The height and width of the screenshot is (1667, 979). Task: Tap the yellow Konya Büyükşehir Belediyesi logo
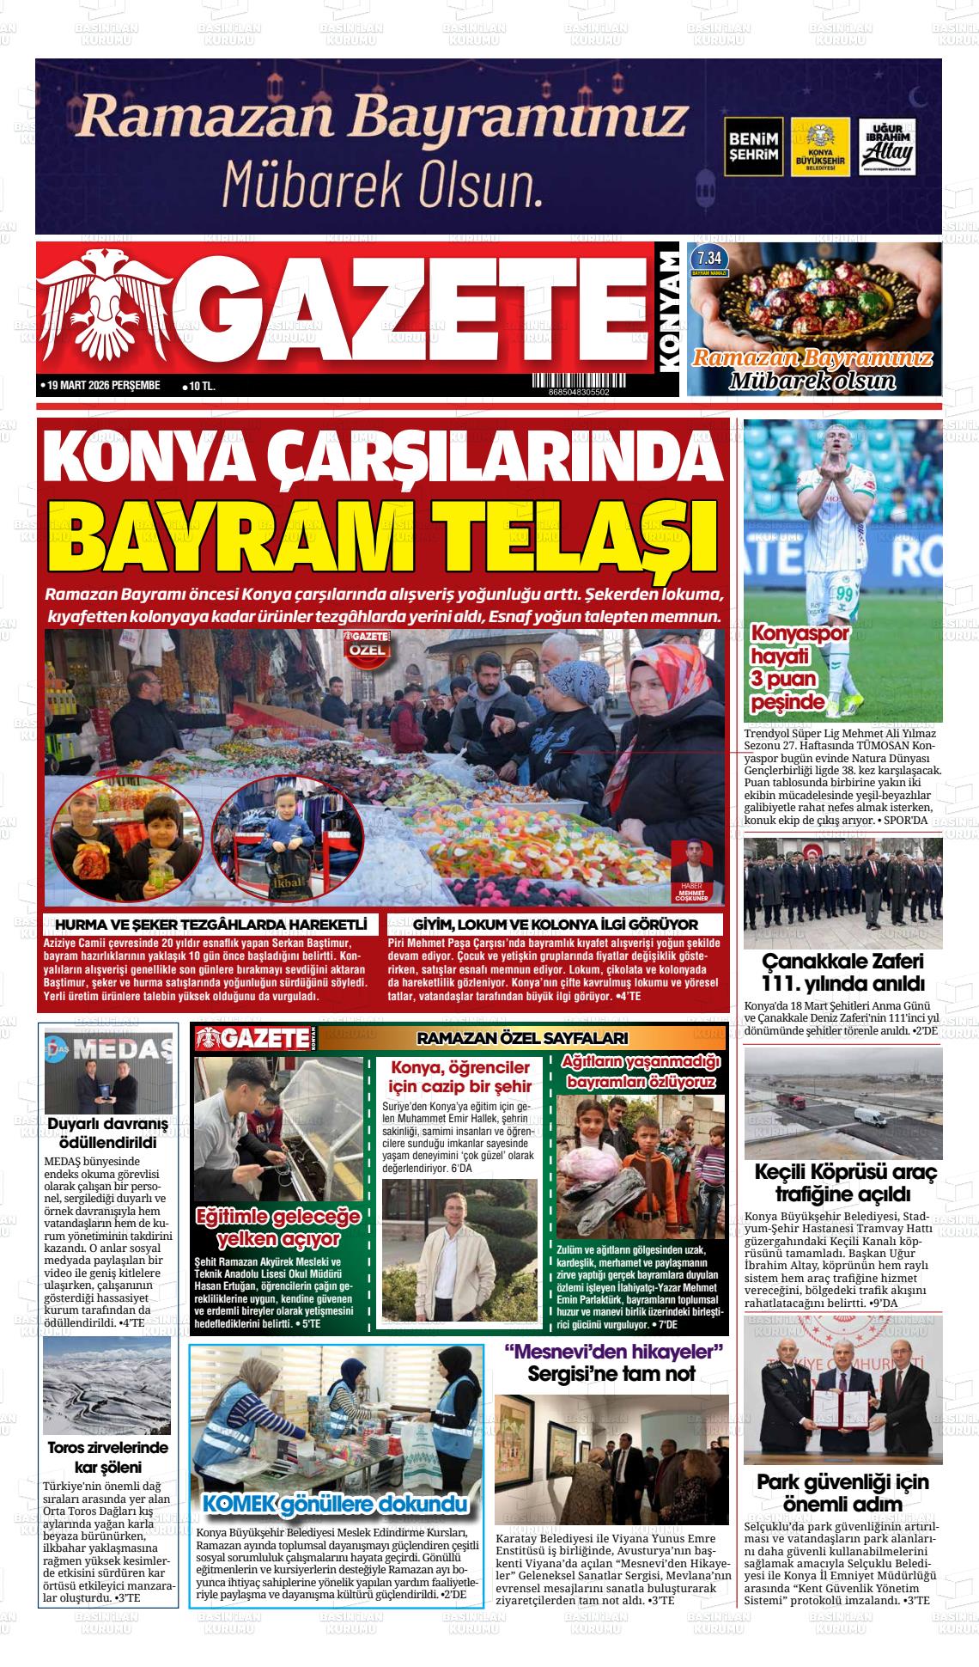click(820, 147)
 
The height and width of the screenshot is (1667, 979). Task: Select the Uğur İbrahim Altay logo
click(888, 147)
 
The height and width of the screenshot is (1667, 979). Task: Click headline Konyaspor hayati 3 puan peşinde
click(787, 669)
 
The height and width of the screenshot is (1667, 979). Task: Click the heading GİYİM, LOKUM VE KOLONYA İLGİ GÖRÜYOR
click(555, 925)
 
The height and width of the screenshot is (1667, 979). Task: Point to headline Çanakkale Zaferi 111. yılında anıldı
click(842, 972)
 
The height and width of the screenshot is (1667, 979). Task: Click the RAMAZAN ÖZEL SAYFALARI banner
click(521, 1038)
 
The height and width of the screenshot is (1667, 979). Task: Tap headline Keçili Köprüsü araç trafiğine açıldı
click(844, 1182)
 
